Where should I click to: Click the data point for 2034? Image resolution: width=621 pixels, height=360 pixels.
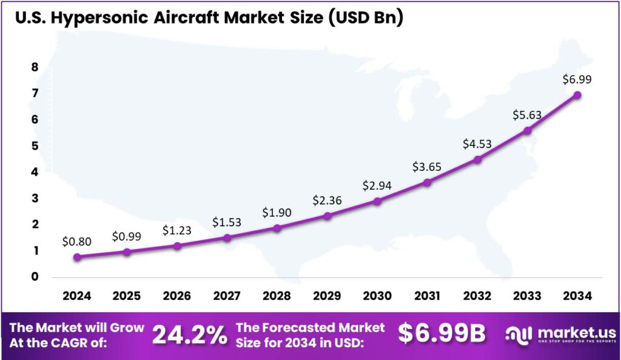tap(577, 95)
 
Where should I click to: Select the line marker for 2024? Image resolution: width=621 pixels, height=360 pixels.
tap(77, 257)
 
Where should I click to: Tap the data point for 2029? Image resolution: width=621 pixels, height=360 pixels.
tap(327, 215)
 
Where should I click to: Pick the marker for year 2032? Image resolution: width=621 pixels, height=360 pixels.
tap(477, 159)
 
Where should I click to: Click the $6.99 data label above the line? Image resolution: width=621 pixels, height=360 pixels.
tap(577, 79)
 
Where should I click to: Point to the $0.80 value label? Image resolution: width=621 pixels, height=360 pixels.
tap(77, 241)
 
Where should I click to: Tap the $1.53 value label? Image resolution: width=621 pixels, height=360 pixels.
tap(227, 222)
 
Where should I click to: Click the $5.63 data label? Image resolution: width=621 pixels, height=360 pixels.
tap(528, 115)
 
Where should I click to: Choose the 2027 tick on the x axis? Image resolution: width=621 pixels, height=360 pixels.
tap(227, 296)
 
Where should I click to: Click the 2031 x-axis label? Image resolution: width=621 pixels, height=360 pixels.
tap(427, 296)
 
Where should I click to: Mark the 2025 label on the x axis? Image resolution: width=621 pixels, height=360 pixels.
tap(127, 296)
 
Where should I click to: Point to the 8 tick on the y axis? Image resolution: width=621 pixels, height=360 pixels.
tap(35, 67)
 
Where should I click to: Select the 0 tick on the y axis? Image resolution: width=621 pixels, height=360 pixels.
tap(35, 277)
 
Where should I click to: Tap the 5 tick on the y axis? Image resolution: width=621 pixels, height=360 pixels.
tap(35, 146)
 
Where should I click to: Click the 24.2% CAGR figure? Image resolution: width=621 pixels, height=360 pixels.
tap(189, 335)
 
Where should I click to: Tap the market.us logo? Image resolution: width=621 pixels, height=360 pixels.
tap(560, 335)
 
